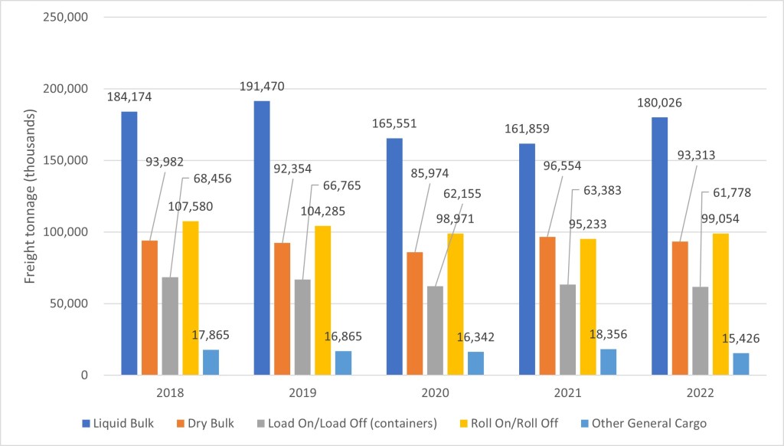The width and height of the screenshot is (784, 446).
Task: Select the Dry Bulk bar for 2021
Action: [x=547, y=306]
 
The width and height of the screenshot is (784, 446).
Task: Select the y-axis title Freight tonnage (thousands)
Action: [x=30, y=196]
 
